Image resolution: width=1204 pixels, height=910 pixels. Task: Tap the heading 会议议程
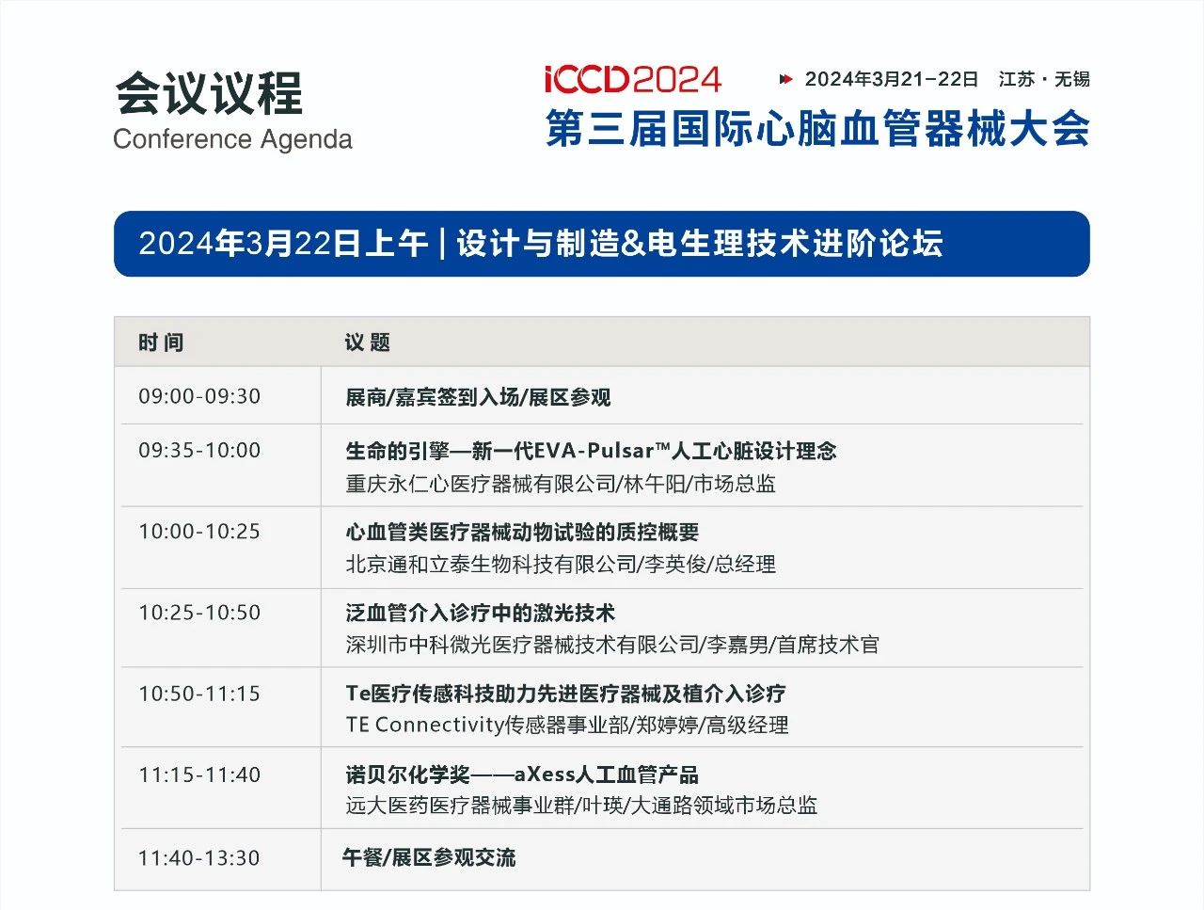click(x=209, y=94)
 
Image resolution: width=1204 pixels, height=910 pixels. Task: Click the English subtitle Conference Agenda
click(x=232, y=138)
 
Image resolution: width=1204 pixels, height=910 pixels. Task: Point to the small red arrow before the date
click(x=786, y=80)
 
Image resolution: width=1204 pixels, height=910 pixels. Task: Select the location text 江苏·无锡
click(x=1044, y=80)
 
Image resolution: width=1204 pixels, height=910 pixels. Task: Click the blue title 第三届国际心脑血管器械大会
click(x=817, y=128)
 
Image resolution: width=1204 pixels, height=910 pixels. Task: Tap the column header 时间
click(x=161, y=343)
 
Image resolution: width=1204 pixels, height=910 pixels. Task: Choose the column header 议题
click(x=367, y=343)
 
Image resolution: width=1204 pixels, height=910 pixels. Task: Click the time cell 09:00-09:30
click(x=199, y=396)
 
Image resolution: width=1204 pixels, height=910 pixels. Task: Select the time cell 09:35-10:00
click(x=199, y=451)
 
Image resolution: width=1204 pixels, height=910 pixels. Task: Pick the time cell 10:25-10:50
click(x=199, y=613)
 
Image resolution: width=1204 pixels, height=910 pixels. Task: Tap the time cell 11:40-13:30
click(x=199, y=858)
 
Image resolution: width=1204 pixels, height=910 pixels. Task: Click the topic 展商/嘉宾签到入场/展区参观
click(x=478, y=397)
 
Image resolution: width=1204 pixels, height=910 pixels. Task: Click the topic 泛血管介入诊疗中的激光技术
click(x=480, y=614)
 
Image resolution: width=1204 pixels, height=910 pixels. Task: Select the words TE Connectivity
click(x=424, y=725)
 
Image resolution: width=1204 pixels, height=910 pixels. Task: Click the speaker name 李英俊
click(x=674, y=564)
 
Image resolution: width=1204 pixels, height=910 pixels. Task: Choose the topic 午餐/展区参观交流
click(x=429, y=858)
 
